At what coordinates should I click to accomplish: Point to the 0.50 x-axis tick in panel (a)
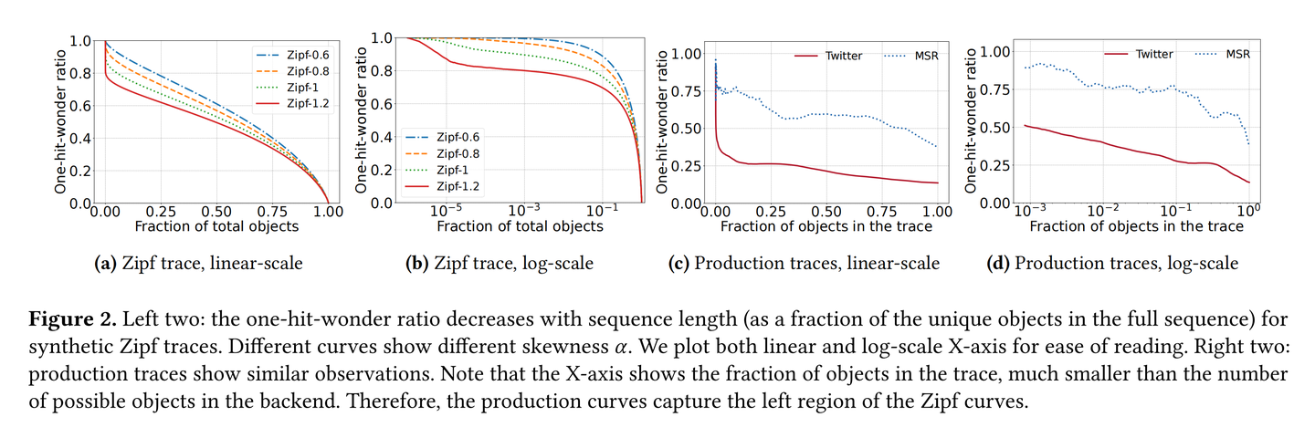[x=216, y=211]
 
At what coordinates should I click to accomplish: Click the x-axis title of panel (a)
[x=216, y=225]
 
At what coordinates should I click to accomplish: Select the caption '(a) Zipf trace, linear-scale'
[x=198, y=264]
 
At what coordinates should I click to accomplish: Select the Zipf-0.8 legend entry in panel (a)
[x=289, y=69]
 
